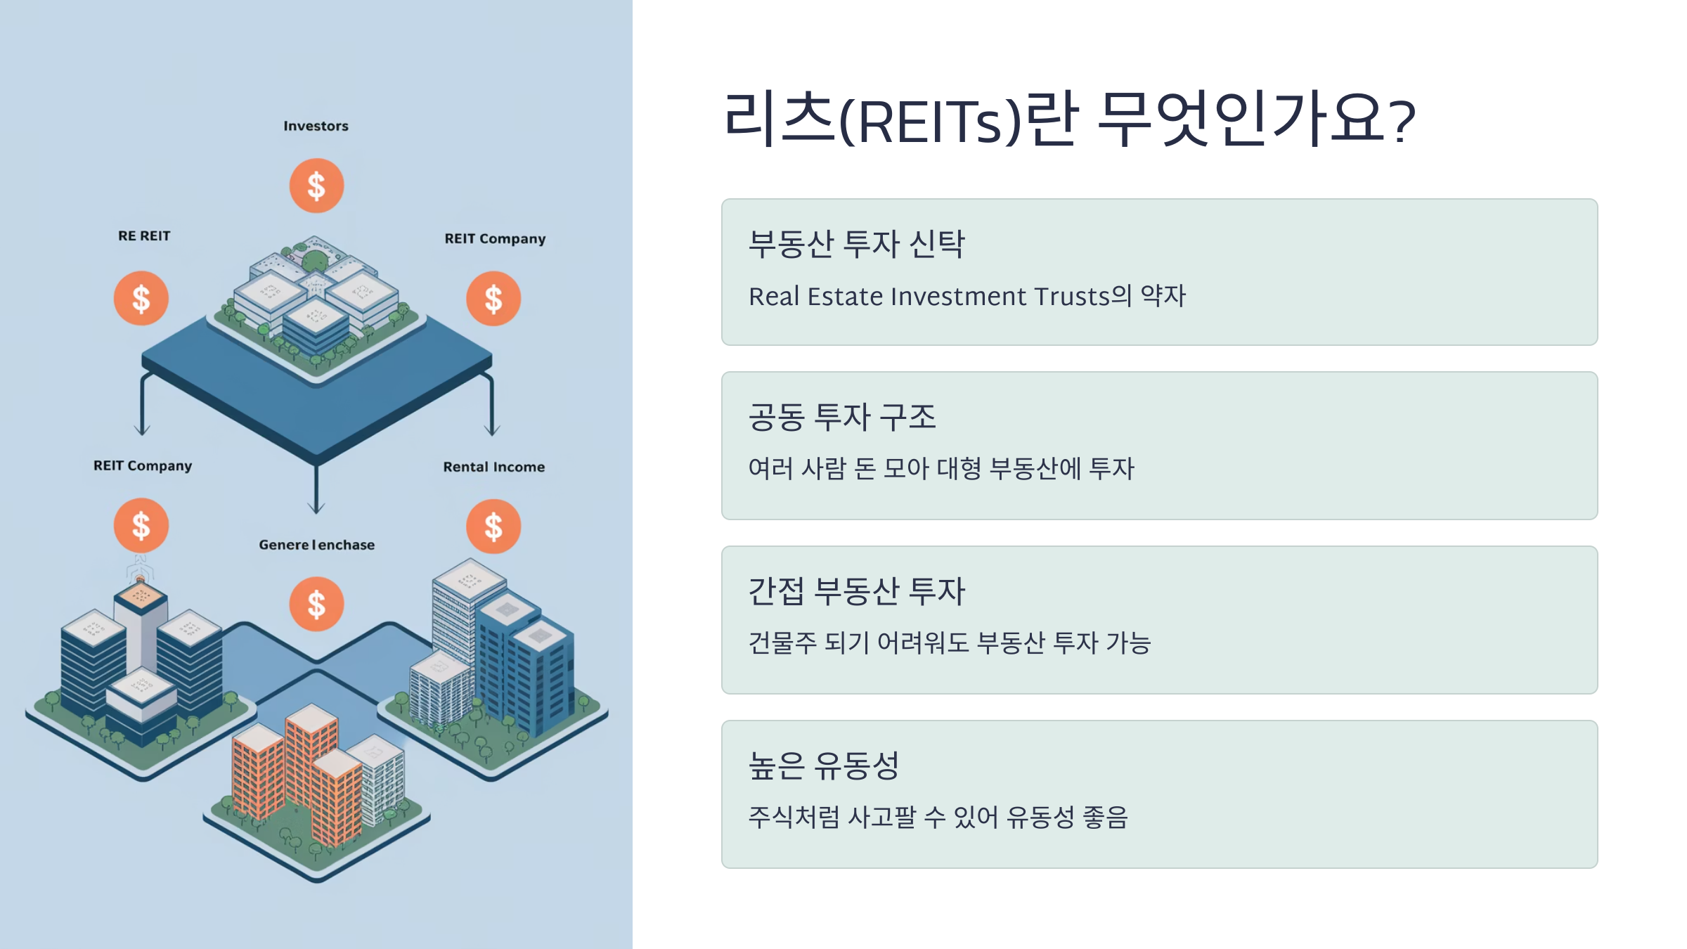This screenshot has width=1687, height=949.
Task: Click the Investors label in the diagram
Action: point(316,126)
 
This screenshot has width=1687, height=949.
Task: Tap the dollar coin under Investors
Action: point(316,186)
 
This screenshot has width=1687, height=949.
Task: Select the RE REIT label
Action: point(144,236)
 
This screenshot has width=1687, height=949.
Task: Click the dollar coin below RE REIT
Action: point(141,298)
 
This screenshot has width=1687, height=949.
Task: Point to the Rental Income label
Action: point(493,467)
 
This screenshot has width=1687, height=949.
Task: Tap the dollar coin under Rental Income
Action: point(493,526)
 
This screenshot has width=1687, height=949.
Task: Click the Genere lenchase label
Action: point(316,545)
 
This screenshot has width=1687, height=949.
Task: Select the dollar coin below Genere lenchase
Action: point(316,604)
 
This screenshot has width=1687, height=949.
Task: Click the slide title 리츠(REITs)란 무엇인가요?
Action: point(1068,120)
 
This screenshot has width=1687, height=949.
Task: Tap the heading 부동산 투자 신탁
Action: point(856,244)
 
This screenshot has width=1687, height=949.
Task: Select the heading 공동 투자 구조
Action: point(842,417)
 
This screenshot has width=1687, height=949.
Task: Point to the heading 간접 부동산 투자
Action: point(856,591)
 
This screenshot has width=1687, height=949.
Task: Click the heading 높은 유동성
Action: point(823,766)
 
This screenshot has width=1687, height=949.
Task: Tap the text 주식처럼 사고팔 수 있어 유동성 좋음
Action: point(938,817)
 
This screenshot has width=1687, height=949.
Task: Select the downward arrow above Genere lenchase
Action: point(316,492)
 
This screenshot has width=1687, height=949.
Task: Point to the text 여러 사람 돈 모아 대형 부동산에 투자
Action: point(941,468)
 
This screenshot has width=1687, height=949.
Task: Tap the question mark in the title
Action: point(1403,121)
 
